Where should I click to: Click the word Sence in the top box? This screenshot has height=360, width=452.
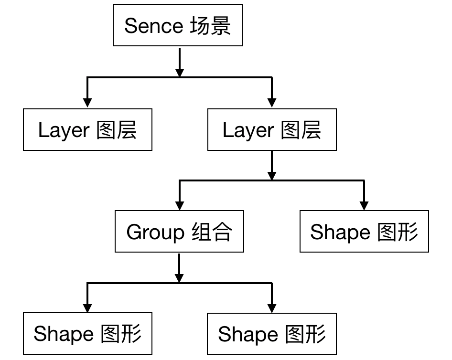[154, 26]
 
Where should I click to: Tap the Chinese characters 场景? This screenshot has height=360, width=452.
[210, 26]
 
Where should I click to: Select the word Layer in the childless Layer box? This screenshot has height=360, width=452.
[64, 130]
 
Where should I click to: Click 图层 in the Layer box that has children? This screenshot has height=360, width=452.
[301, 130]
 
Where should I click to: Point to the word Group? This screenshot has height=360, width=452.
[155, 232]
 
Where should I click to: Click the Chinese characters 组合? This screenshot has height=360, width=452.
[212, 232]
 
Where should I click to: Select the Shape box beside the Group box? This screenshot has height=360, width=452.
[364, 231]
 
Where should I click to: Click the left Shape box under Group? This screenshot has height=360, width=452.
[87, 333]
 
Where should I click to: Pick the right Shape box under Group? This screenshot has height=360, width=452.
[271, 334]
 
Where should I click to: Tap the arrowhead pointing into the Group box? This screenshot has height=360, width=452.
[179, 206]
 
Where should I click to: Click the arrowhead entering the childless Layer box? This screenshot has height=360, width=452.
[87, 103]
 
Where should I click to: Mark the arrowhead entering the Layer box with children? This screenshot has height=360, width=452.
[272, 103]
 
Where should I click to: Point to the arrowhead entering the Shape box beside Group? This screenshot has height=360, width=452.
[364, 206]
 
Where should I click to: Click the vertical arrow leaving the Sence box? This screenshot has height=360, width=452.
[180, 63]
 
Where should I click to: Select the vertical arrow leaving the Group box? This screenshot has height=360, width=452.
[179, 268]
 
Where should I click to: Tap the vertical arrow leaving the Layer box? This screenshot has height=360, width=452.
[272, 165]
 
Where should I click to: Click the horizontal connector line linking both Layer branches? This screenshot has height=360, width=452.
[180, 77]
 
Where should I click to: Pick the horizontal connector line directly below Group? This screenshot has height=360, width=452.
[180, 284]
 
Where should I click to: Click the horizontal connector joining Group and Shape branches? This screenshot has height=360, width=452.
[272, 180]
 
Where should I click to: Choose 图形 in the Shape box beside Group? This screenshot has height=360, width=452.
[398, 232]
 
